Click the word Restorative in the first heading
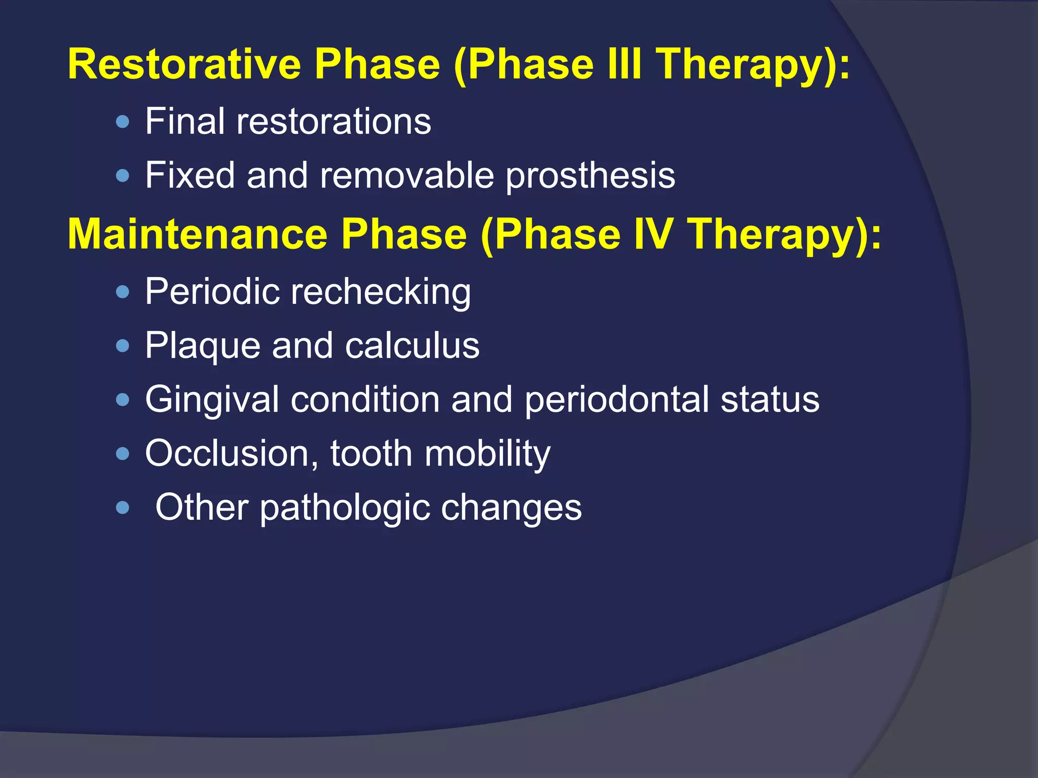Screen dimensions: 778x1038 184,64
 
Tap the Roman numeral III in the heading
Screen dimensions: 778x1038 623,64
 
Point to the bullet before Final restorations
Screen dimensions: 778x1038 123,122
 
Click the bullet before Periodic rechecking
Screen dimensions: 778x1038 123,292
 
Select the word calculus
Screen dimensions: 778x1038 412,346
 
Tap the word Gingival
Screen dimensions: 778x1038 212,400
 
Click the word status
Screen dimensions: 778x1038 770,400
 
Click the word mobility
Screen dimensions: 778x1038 487,454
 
